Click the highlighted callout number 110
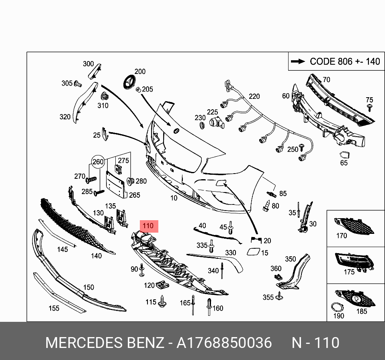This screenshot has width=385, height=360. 148,227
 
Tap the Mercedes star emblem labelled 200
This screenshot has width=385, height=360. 129,83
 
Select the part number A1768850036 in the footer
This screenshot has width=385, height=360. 224,343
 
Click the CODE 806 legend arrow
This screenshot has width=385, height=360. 298,61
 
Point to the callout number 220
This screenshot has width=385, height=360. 254,96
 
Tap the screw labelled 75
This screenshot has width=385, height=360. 369,107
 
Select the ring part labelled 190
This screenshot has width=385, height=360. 336,307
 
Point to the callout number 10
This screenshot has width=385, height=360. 174,198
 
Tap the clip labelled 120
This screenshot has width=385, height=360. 163,285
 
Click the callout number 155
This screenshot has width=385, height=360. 54,308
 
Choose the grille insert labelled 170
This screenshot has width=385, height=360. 356,225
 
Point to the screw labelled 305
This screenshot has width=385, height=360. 78,84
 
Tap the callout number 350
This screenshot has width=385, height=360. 290,259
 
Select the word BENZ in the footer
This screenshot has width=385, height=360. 145,343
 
